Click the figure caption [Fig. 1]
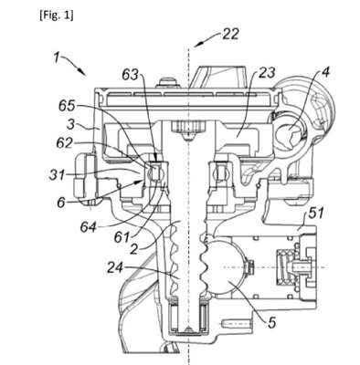pos(57,16)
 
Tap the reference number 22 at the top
pos(230,35)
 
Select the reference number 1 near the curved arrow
pos(56,57)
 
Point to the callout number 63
pos(130,75)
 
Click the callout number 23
pos(267,73)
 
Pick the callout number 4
pos(325,73)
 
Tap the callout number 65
pos(67,106)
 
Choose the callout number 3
pos(70,125)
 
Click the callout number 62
pos(64,143)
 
